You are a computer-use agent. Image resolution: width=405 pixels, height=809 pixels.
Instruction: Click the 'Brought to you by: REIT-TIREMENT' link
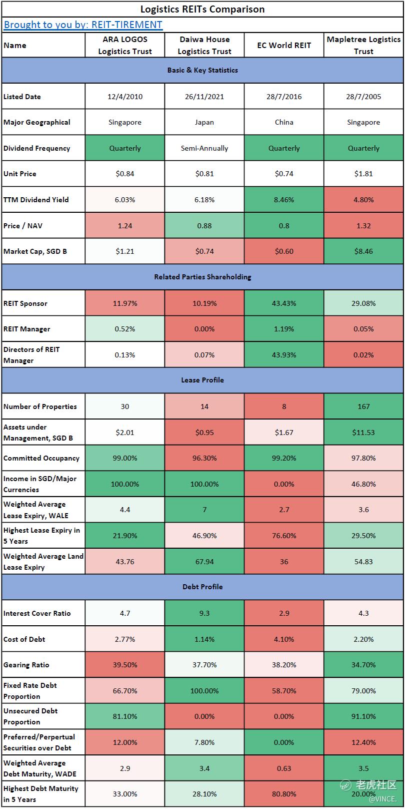point(83,25)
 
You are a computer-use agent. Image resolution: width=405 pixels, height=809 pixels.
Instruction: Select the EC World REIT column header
point(284,45)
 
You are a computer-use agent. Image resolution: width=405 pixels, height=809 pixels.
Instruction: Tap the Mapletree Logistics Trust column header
point(363,45)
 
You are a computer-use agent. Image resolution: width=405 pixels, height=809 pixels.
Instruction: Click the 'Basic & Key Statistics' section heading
point(202,70)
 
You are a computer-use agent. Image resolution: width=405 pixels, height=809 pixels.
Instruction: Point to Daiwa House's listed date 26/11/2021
point(204,97)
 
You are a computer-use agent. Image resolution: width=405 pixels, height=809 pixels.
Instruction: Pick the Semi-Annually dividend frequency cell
point(204,148)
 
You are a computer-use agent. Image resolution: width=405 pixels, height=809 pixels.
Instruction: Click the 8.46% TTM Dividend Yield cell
point(284,200)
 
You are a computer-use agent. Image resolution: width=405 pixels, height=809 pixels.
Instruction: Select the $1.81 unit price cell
point(363,174)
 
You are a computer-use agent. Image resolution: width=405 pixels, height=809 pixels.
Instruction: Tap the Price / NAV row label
point(23,226)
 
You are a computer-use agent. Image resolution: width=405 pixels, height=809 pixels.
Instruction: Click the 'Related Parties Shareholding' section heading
point(202,277)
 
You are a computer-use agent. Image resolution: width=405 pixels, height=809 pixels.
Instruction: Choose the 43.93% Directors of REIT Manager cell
point(284,355)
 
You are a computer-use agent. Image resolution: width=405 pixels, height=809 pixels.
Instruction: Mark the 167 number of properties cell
point(363,407)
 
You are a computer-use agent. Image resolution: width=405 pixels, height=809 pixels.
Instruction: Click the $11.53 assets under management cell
point(363,433)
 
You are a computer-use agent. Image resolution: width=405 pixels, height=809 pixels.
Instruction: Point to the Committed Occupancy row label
point(41,458)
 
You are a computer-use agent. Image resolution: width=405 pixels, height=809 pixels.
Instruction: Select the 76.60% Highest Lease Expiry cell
point(284,536)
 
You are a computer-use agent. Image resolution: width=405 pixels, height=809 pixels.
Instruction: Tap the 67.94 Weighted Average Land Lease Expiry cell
point(204,562)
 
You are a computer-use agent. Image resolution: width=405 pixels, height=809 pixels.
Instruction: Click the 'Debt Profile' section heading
point(202,587)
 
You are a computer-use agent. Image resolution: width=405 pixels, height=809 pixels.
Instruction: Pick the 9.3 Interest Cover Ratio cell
point(204,613)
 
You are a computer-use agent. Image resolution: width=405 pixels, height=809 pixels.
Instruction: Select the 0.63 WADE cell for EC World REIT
point(284,768)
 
